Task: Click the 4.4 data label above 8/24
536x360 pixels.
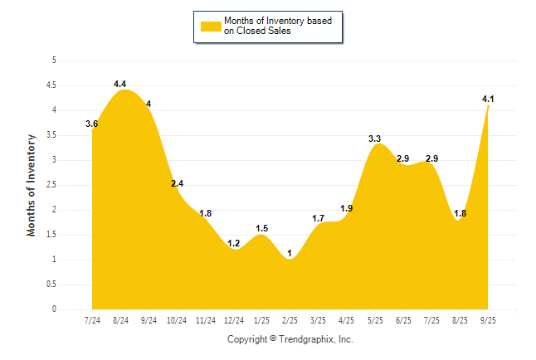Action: point(119,84)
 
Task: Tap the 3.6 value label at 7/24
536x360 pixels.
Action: point(92,124)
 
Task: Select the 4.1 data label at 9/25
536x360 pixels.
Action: point(488,100)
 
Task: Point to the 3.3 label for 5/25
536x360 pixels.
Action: point(375,139)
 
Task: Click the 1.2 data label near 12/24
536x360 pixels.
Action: point(233,243)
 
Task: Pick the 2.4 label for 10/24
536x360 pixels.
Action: point(178,183)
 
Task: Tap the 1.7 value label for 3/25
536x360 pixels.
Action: point(318,218)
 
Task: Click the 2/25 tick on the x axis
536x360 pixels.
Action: point(290,319)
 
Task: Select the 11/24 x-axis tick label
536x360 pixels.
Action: point(205,319)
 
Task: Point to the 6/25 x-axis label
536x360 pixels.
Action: point(403,319)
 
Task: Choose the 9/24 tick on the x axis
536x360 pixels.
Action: point(149,319)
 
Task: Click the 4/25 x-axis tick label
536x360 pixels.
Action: point(347,319)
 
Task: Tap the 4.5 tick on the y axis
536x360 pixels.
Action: point(51,85)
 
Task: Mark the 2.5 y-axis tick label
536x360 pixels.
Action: point(51,185)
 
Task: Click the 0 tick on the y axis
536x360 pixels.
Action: point(54,309)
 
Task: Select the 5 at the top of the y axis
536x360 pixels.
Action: point(54,61)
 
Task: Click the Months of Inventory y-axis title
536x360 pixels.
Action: point(32,185)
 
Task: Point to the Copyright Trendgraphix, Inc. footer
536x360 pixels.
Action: point(290,339)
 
